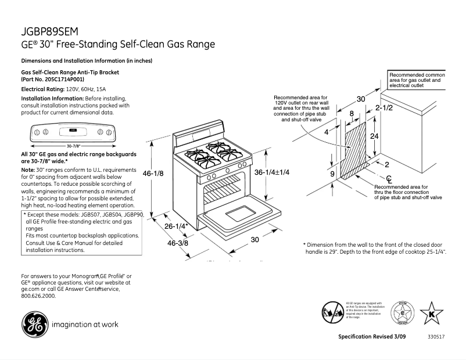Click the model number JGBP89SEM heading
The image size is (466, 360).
pos(49,31)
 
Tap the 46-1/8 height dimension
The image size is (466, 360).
pos(153,173)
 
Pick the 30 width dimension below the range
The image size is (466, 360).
pos(254,240)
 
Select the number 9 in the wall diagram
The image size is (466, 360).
pos(332,174)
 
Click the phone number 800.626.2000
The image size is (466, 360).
pos(38,296)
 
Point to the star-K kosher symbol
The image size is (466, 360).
pos(431,314)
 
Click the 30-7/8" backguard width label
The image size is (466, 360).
pos(73,145)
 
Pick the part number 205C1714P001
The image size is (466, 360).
pos(53,78)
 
